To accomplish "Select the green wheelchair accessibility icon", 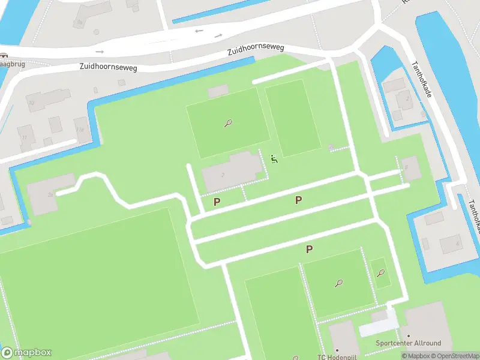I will (x=274, y=159).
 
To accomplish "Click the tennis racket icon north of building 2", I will (x=228, y=124).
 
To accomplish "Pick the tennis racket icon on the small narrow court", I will (x=380, y=274).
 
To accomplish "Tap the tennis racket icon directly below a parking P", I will (x=339, y=283).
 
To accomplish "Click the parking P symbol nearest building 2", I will (x=217, y=202).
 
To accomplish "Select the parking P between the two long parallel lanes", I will (x=298, y=200).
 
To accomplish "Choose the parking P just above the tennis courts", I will (x=309, y=249).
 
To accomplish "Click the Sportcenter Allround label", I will (x=408, y=344).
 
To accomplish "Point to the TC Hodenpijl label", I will (x=337, y=357).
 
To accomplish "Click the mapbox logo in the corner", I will (x=26, y=353).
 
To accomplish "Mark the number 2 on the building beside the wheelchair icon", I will (x=223, y=175).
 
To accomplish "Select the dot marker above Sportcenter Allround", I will (x=408, y=336).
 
